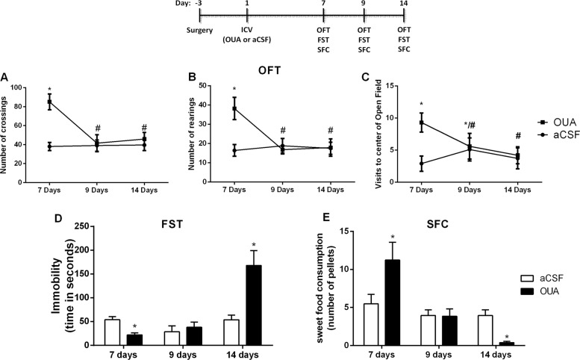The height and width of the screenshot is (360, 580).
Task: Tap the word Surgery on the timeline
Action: [x=202, y=32]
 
